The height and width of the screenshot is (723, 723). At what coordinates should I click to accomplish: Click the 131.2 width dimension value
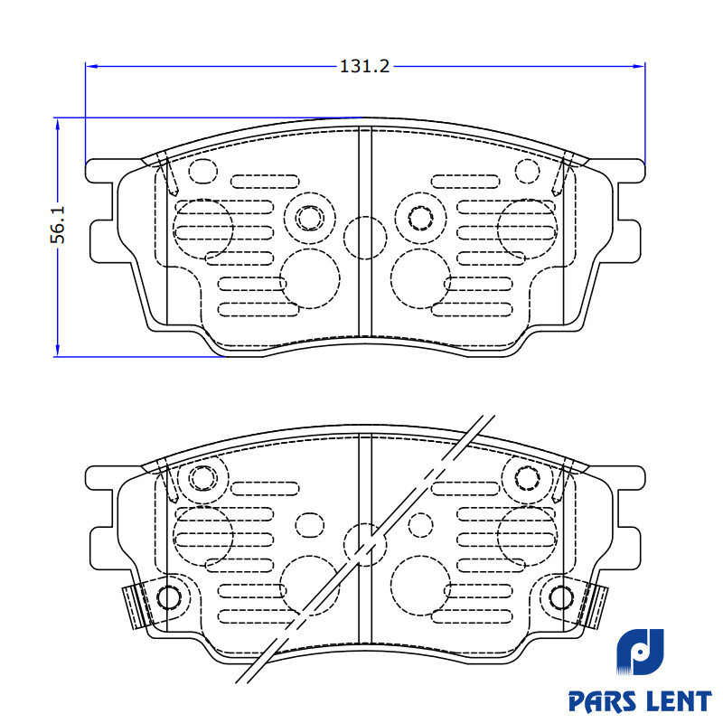pos(364,66)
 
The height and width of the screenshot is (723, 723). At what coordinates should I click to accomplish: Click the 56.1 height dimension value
pos(58,224)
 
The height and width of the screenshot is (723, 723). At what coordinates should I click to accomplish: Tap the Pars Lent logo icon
pos(640,652)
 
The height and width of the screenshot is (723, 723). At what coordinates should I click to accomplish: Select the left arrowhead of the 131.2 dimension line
pos(92,66)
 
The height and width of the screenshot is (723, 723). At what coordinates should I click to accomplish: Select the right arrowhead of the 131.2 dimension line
pos(639,66)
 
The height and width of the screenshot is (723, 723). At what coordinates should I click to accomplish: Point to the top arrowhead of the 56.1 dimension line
pos(57,124)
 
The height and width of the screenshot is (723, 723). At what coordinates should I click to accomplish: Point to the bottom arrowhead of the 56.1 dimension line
pos(57,351)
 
